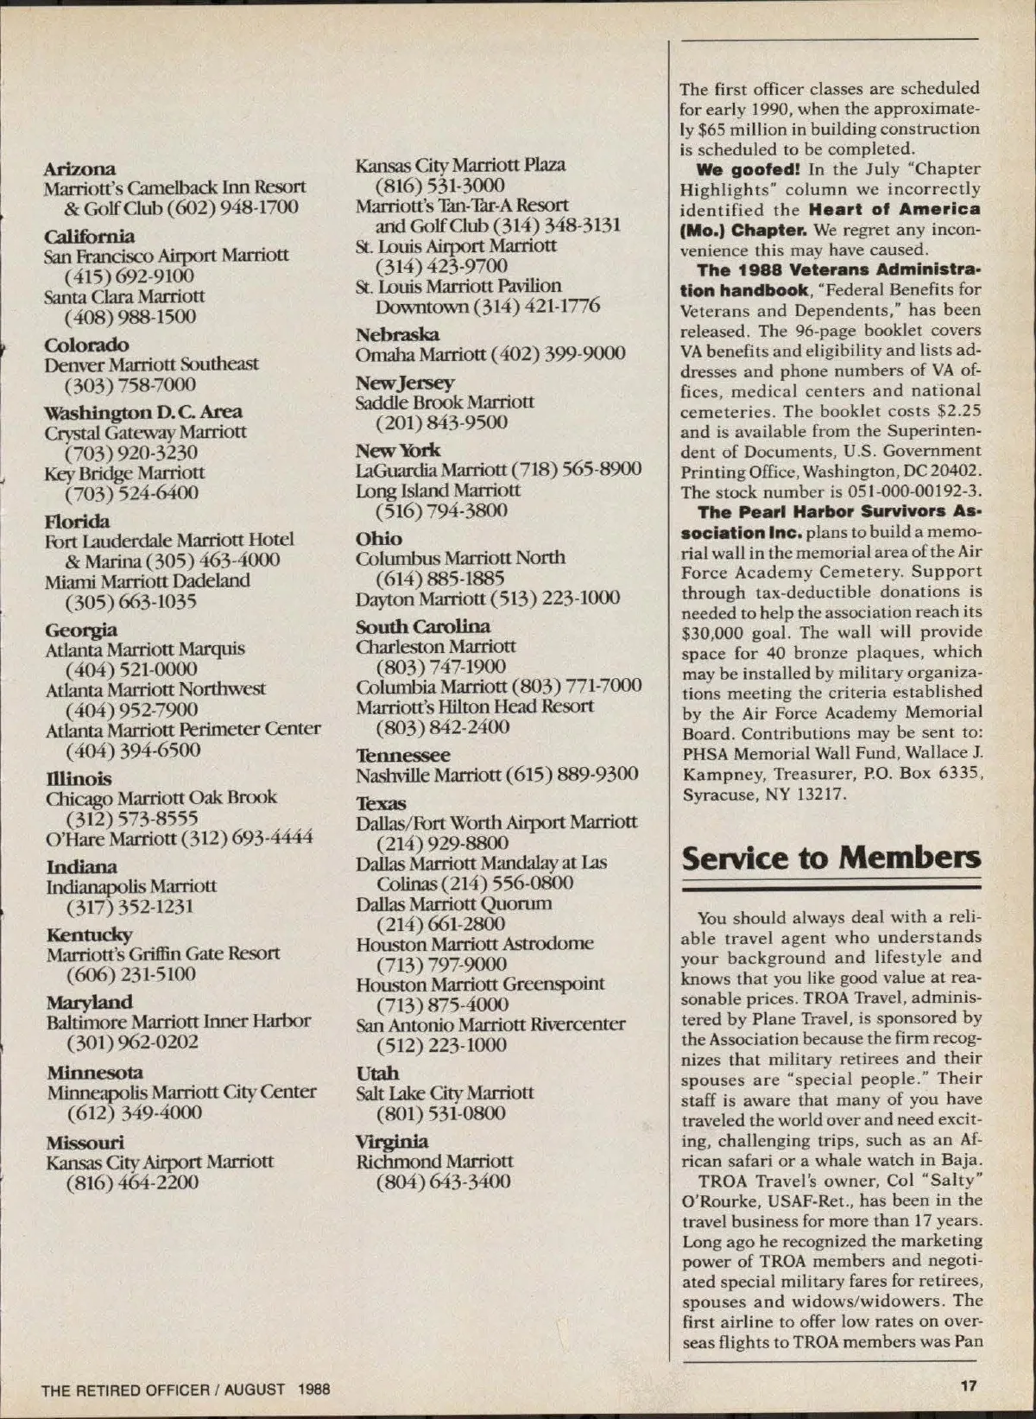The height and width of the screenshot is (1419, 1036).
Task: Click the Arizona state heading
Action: [x=79, y=168]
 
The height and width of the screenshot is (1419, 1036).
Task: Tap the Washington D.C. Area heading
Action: [x=143, y=412]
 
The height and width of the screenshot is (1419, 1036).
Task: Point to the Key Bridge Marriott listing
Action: [x=125, y=473]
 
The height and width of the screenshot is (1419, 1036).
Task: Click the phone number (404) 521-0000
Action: [x=131, y=669]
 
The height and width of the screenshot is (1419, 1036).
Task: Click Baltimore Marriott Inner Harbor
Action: [x=178, y=1021]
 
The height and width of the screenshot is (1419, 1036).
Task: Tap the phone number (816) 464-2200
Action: [x=132, y=1182]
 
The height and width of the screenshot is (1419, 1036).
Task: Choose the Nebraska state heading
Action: [x=397, y=334]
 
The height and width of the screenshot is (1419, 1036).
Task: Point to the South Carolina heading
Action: [x=423, y=626]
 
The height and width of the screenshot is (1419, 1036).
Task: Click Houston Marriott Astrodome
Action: [x=474, y=944]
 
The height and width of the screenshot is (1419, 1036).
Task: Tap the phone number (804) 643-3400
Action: [x=442, y=1181]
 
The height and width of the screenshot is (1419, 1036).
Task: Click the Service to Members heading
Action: [x=831, y=858]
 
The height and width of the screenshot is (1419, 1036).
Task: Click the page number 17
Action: [x=968, y=1386]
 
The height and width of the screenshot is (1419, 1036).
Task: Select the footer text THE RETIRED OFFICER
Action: [x=124, y=1390]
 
